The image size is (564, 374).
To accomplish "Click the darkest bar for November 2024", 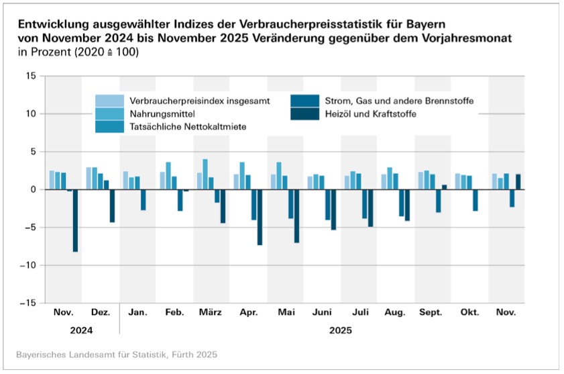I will coord(76,221).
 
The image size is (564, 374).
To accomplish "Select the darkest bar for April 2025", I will coord(260,217).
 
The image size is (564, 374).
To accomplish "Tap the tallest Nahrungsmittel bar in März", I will coord(205,175).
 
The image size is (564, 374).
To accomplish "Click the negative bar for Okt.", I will coord(475,200).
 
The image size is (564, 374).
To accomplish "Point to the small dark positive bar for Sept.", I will coord(444,187).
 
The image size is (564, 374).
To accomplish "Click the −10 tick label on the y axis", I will coord(27,265).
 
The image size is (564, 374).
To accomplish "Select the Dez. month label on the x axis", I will coord(100,314).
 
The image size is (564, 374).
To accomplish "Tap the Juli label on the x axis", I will coord(358,314).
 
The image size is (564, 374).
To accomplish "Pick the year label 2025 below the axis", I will coord(340,330).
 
